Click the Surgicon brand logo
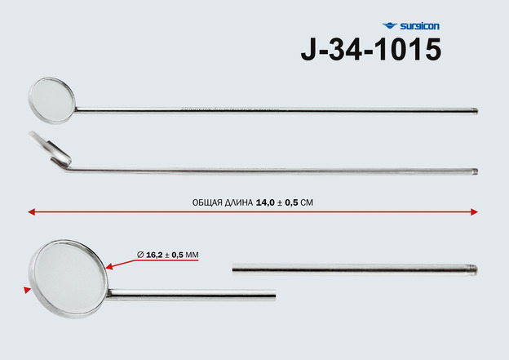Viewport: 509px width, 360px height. click(410, 26)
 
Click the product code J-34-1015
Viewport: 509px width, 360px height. click(371, 49)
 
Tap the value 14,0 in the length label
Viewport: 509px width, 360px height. click(265, 202)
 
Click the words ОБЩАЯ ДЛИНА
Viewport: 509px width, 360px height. click(223, 202)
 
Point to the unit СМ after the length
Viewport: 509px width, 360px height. click(307, 202)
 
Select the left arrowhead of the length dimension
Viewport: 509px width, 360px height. click(32, 212)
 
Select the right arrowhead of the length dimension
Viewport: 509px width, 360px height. click(474, 212)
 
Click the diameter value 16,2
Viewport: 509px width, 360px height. click(154, 255)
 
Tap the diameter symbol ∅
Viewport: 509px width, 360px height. click(140, 255)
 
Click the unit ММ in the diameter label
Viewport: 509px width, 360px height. click(192, 255)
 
